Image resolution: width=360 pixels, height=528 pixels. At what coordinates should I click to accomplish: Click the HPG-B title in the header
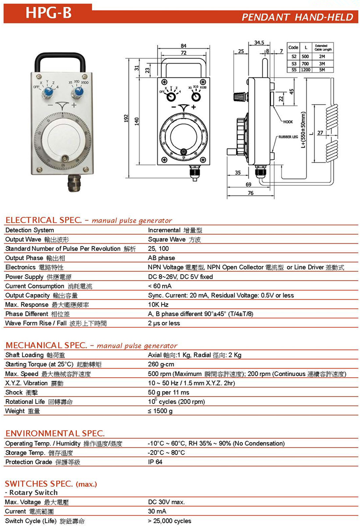[48, 13]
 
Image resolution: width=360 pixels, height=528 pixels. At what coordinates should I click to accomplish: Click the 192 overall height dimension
[126, 119]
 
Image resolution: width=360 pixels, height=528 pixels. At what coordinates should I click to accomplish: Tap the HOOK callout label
[288, 122]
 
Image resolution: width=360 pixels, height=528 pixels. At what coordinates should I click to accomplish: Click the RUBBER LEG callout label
[288, 137]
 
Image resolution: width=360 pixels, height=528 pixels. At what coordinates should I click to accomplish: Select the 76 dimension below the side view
[250, 193]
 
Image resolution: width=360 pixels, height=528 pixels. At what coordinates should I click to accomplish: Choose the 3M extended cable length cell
[322, 64]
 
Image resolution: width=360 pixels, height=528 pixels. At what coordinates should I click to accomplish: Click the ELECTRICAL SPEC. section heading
[47, 220]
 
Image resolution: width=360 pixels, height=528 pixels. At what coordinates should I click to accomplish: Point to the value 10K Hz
[158, 304]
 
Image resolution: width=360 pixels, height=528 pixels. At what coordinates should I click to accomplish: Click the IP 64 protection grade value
[155, 462]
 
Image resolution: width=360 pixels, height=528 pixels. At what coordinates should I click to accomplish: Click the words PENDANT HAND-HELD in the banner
[297, 17]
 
